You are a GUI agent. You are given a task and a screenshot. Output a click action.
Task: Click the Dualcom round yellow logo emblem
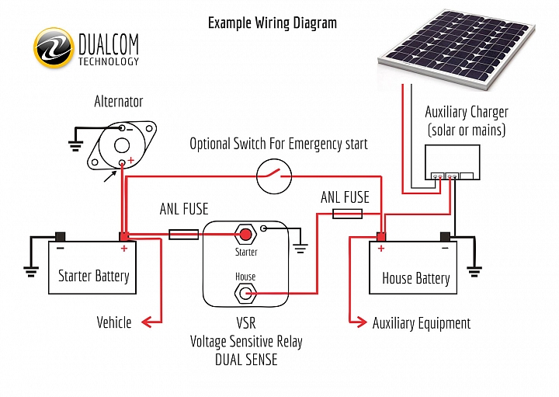point(54,48)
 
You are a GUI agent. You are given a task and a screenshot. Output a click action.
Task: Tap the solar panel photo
point(457,48)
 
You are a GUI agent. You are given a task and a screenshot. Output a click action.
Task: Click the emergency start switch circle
point(274,176)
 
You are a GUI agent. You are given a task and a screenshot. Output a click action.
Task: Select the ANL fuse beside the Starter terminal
point(183,235)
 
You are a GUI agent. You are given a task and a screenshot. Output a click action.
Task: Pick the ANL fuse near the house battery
point(347,214)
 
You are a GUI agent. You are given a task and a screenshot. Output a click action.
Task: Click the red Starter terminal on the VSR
point(245,235)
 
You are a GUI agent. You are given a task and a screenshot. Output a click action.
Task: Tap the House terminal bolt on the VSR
point(245,294)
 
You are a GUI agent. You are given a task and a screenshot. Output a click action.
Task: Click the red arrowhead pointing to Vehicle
point(147,322)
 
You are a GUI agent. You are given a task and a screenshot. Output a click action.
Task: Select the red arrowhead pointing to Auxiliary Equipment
point(362,322)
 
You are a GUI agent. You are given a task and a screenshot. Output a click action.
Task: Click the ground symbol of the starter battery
point(31,272)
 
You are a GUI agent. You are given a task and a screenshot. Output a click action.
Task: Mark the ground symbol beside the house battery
point(474,272)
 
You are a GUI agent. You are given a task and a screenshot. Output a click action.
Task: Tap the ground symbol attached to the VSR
point(300,249)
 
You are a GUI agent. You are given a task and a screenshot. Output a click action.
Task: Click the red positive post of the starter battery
point(123,236)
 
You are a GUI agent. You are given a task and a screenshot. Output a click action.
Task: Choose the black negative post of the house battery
point(445,236)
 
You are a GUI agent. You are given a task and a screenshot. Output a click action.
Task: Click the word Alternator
point(118,102)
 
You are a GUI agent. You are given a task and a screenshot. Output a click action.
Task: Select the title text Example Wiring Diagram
point(273,23)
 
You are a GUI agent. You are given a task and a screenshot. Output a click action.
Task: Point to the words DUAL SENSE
point(246,360)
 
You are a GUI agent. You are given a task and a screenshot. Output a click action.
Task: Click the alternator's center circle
point(122,145)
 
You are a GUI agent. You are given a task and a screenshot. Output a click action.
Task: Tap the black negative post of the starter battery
point(60,236)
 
